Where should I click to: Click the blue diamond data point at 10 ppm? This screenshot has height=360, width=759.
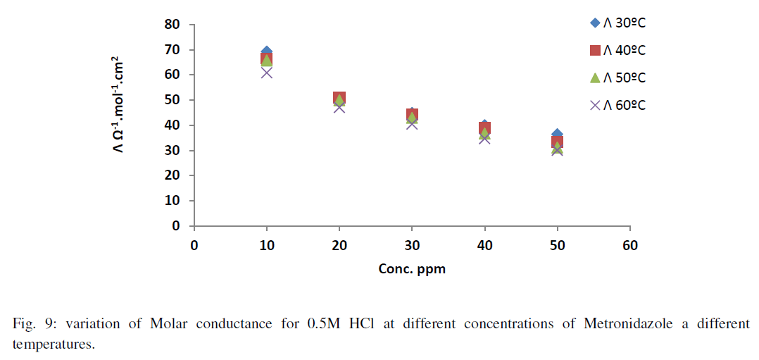point(267,52)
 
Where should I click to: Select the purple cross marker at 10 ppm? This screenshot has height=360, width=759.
point(267,72)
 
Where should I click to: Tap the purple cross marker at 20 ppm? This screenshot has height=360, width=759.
point(339,107)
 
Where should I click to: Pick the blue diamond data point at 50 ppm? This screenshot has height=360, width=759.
point(557,134)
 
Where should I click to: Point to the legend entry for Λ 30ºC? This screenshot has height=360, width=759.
point(618,23)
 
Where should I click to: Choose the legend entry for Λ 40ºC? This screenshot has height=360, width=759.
point(618,50)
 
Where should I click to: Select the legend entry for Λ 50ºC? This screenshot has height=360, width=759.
point(618,77)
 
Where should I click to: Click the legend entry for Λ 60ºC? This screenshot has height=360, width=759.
point(618,105)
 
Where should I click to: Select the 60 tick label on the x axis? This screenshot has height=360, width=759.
point(629,245)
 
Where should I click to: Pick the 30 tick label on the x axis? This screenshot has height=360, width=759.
point(412,245)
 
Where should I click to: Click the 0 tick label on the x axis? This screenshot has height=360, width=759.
point(194,245)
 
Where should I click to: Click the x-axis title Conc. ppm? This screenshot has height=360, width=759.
point(412,269)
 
